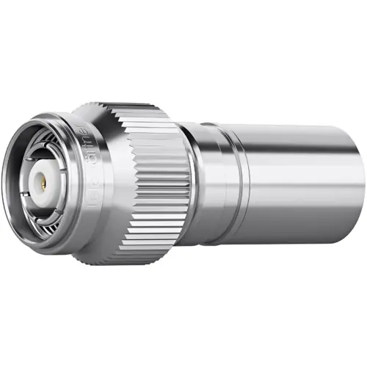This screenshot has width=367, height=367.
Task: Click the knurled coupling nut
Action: coord(158,183)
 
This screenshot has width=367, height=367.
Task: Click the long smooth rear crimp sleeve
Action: coord(301,183)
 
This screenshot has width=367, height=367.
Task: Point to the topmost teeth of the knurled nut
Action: coord(139,108)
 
